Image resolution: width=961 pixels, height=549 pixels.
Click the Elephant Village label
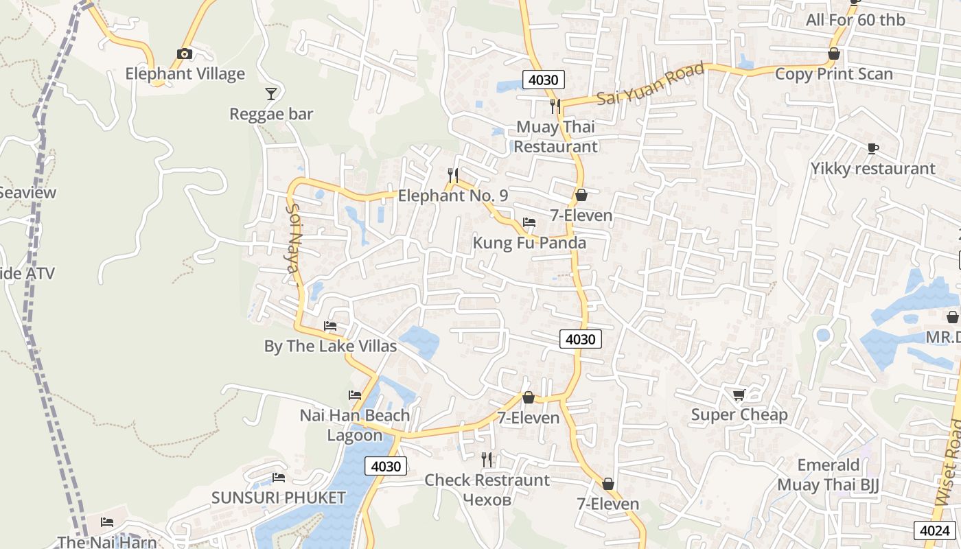pyautogui.click(x=185, y=73)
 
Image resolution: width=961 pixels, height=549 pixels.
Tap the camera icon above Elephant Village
pyautogui.click(x=184, y=54)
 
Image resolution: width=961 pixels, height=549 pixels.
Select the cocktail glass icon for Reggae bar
pyautogui.click(x=271, y=93)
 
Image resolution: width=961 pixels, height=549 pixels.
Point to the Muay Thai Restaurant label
pyautogui.click(x=555, y=137)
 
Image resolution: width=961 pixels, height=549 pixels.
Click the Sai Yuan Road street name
pyautogui.click(x=650, y=84)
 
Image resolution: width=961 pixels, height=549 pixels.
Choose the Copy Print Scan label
pyautogui.click(x=833, y=73)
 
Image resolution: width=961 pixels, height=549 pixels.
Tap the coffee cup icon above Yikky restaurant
pyautogui.click(x=872, y=148)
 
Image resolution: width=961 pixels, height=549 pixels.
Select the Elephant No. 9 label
pyautogui.click(x=453, y=196)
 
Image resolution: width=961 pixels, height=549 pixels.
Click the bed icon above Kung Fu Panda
pyautogui.click(x=529, y=222)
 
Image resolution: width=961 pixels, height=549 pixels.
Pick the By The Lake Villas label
pyautogui.click(x=330, y=346)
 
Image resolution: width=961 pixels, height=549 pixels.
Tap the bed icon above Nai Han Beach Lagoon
pyautogui.click(x=355, y=395)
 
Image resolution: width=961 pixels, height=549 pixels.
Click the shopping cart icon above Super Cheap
pyautogui.click(x=739, y=395)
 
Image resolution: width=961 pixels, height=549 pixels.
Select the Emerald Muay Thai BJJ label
pyautogui.click(x=828, y=475)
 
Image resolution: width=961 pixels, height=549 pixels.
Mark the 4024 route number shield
pyautogui.click(x=934, y=530)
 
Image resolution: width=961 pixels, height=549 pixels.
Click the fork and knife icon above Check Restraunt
pyautogui.click(x=487, y=459)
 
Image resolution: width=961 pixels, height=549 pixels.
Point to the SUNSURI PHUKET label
pyautogui.click(x=278, y=498)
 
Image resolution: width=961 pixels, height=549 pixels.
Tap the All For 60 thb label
pyautogui.click(x=855, y=20)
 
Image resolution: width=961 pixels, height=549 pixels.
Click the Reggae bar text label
pyautogui.click(x=271, y=114)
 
